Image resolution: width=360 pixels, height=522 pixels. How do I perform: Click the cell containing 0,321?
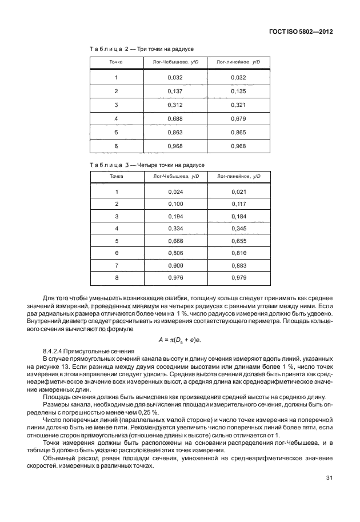click(238, 105)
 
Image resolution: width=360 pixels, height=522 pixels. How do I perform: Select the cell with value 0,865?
click(238, 132)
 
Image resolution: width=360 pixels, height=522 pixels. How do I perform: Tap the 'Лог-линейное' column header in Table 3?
click(238, 177)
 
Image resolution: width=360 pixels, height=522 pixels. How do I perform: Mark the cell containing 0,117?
click(238, 205)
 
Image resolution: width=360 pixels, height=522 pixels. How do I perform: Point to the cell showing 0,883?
click(238, 266)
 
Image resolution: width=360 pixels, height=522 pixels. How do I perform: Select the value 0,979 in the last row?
click(238, 278)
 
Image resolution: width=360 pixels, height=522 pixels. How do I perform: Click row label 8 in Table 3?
click(116, 278)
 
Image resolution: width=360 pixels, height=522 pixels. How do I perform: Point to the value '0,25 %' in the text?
click(147, 413)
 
